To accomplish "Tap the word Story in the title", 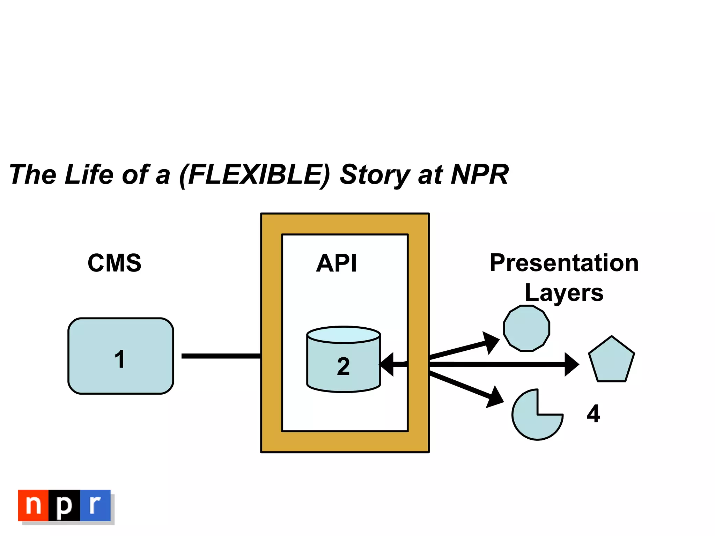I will pyautogui.click(x=375, y=175).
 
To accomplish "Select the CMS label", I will pyautogui.click(x=115, y=263).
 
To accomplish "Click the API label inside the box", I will pyautogui.click(x=337, y=263).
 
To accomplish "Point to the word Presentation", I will pyautogui.click(x=564, y=263).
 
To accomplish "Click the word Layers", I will pyautogui.click(x=564, y=292).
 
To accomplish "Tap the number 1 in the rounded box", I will pyautogui.click(x=120, y=359).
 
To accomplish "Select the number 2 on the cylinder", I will pyautogui.click(x=343, y=366).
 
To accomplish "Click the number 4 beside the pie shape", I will pyautogui.click(x=593, y=414).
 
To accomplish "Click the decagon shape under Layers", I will pyautogui.click(x=526, y=328).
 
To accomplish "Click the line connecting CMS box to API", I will pyautogui.click(x=221, y=356).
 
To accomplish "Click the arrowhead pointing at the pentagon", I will pyautogui.click(x=571, y=364).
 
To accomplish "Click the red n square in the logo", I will pyautogui.click(x=34, y=505).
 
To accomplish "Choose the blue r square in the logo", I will pyautogui.click(x=95, y=505).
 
